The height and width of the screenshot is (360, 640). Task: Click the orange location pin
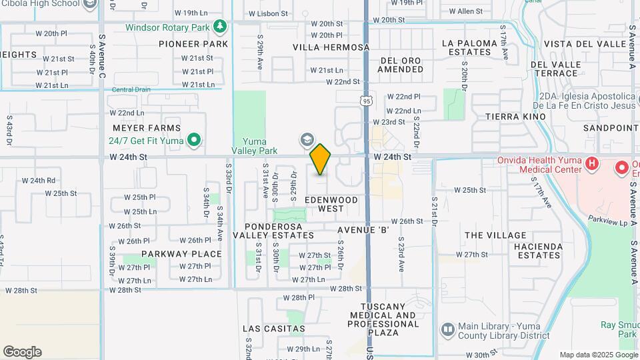tap(321, 159)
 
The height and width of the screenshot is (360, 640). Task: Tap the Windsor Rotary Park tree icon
tap(221, 27)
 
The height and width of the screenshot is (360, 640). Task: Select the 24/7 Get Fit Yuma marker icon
tap(194, 140)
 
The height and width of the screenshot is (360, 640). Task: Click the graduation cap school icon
tap(307, 140)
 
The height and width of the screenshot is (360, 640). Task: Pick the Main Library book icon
tap(448, 329)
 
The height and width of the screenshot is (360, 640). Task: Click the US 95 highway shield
tap(366, 101)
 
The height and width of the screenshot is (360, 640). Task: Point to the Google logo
tap(22, 352)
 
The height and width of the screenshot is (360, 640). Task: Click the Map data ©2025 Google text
tap(598, 355)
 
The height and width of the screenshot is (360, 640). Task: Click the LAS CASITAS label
tap(274, 329)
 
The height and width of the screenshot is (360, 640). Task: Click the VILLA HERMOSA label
tap(331, 47)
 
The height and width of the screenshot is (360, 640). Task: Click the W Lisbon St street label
tap(268, 13)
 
